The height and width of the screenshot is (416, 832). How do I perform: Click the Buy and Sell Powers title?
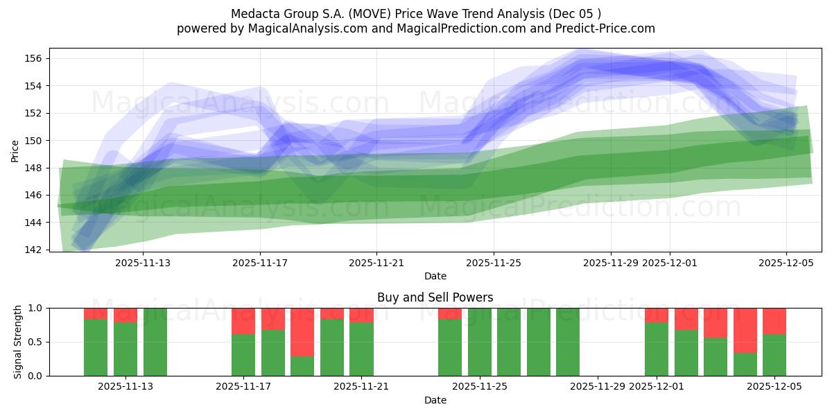point(435,297)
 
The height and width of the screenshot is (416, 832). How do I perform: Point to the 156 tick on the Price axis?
point(34,58)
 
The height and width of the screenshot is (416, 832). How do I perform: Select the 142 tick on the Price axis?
point(34,250)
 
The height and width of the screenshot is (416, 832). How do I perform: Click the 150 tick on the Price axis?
point(34,141)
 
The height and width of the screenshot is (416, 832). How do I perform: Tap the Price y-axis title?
point(15,150)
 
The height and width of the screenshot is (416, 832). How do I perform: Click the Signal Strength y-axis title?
point(18,342)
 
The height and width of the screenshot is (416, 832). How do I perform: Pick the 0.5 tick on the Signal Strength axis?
point(34,342)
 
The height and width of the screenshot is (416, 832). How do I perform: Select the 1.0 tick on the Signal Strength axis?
point(34,308)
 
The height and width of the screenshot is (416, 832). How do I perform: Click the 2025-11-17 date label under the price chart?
point(260,263)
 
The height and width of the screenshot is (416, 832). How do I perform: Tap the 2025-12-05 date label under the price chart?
point(786,263)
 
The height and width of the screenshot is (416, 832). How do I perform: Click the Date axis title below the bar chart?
point(435,400)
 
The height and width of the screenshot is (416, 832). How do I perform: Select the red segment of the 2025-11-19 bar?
point(302,331)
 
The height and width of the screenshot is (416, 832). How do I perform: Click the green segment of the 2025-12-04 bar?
point(745,364)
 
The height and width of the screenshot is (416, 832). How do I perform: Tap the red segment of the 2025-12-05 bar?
point(774,320)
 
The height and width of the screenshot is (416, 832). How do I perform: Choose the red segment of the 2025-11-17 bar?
point(243,320)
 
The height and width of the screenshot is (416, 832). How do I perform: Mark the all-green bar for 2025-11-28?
point(568,342)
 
